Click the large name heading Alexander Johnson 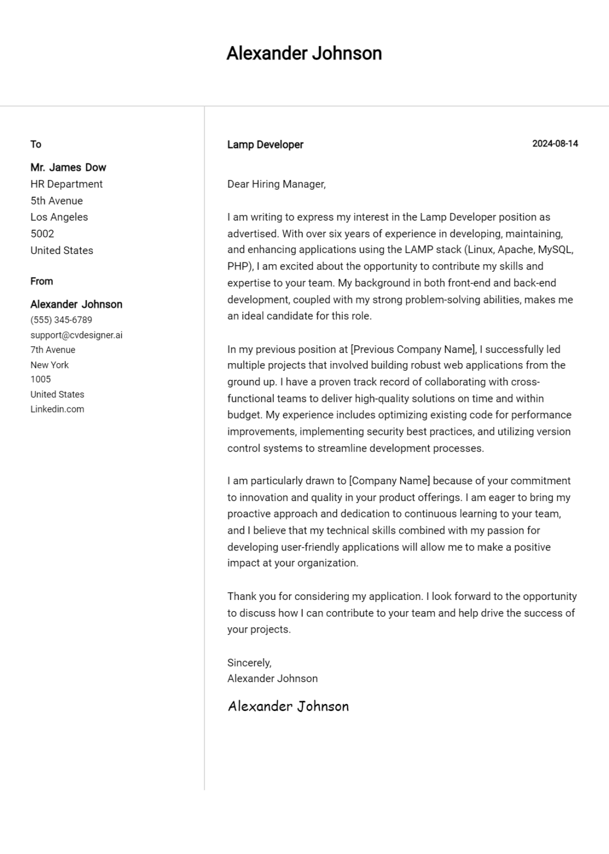(304, 53)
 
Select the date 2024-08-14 (554, 143)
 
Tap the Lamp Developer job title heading (265, 145)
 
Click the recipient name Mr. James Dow (68, 167)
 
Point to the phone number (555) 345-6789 (61, 320)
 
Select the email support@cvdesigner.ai (76, 335)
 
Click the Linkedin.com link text (57, 409)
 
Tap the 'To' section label (36, 145)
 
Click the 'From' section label (42, 281)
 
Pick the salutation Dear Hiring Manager (276, 184)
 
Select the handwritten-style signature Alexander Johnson (288, 706)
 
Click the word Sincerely (249, 663)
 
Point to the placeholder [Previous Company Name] (413, 349)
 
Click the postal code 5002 (42, 234)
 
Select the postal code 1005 (41, 380)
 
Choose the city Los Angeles (59, 217)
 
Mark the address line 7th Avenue (53, 350)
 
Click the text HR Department (66, 184)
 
